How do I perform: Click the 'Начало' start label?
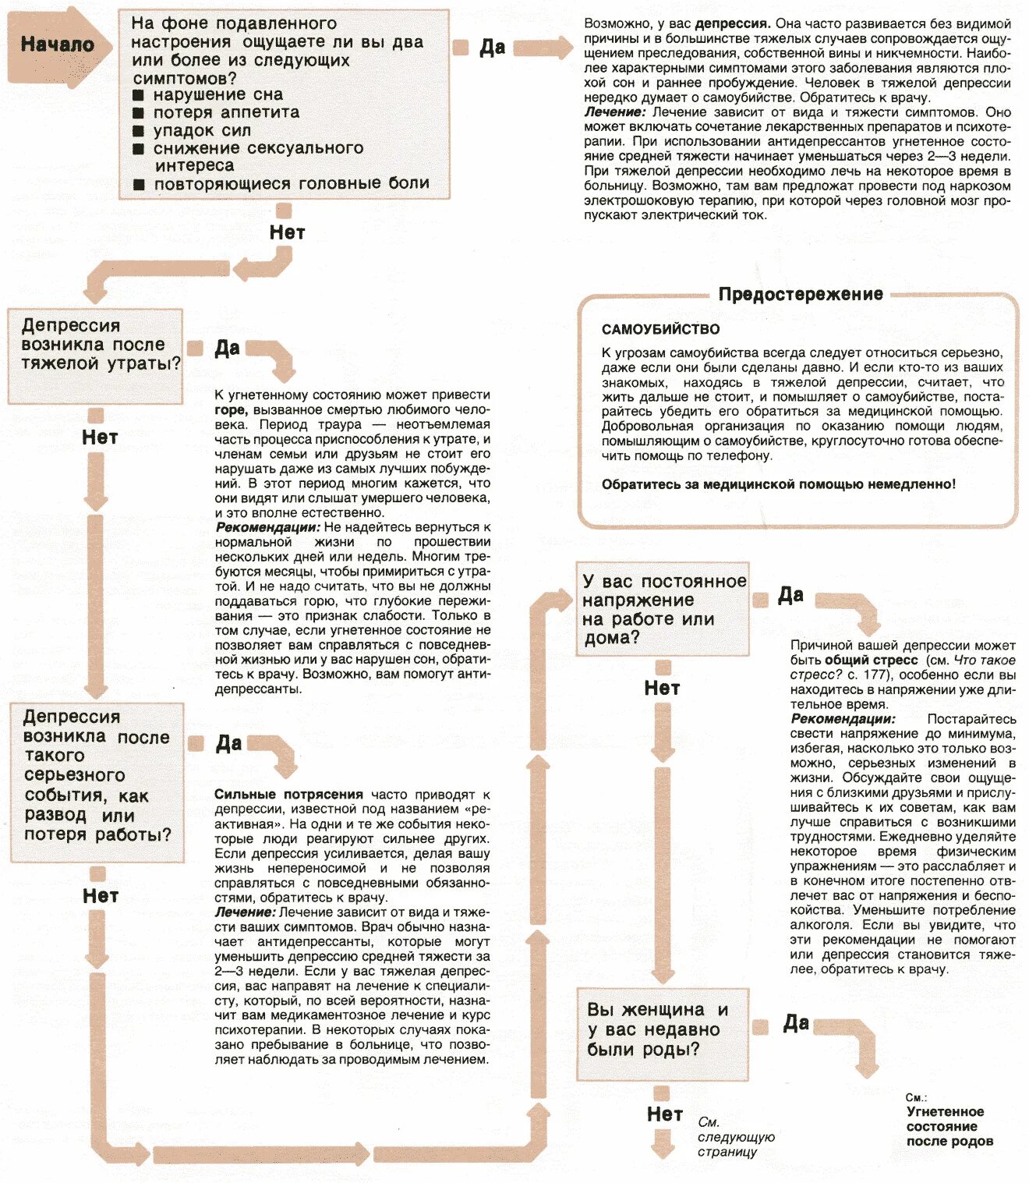57,44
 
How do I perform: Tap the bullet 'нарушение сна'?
217,94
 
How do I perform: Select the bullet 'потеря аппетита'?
226,112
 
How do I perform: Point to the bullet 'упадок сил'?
202,130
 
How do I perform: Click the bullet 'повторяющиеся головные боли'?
291,184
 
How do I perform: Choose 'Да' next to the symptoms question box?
492,48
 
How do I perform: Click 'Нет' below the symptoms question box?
287,232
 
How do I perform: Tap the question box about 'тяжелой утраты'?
95,356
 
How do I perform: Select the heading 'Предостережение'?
801,294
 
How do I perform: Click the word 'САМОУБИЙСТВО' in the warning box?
660,329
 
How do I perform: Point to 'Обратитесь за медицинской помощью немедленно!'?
778,484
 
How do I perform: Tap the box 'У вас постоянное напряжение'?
663,609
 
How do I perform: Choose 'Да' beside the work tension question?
790,596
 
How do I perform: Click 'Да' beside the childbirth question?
795,1023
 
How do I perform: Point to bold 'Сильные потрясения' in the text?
288,795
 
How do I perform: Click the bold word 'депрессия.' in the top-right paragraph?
732,24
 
